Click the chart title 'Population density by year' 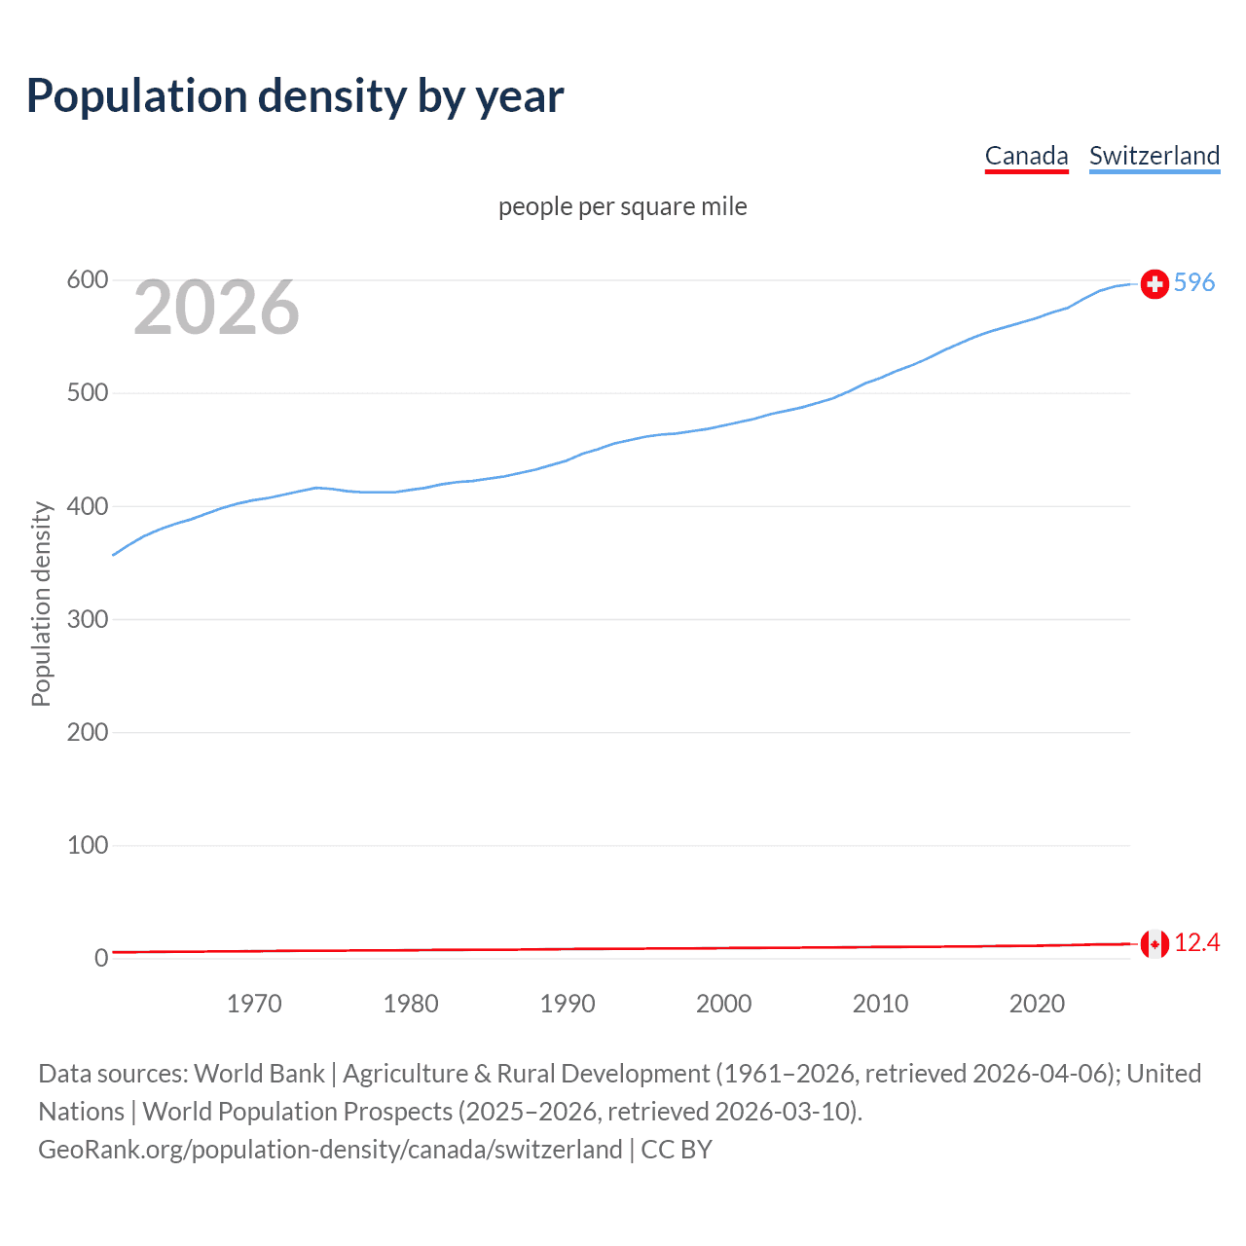[x=295, y=96]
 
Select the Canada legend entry [x=1026, y=156]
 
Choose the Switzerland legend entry [x=1154, y=156]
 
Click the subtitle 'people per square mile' [x=622, y=206]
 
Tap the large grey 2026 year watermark [x=216, y=308]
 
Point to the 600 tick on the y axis [x=87, y=280]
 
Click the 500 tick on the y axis [x=87, y=393]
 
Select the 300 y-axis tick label [x=87, y=619]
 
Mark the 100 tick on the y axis [x=87, y=845]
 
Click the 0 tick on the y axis [x=101, y=958]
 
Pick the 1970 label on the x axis [x=254, y=1004]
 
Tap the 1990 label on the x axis [x=568, y=1004]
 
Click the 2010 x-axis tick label [x=880, y=1004]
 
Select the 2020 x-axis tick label [x=1037, y=1004]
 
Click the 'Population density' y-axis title [x=41, y=604]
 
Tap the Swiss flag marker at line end [x=1154, y=283]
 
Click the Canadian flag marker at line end [x=1154, y=943]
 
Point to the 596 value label [x=1194, y=282]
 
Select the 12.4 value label [x=1196, y=942]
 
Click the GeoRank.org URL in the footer [x=330, y=1149]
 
